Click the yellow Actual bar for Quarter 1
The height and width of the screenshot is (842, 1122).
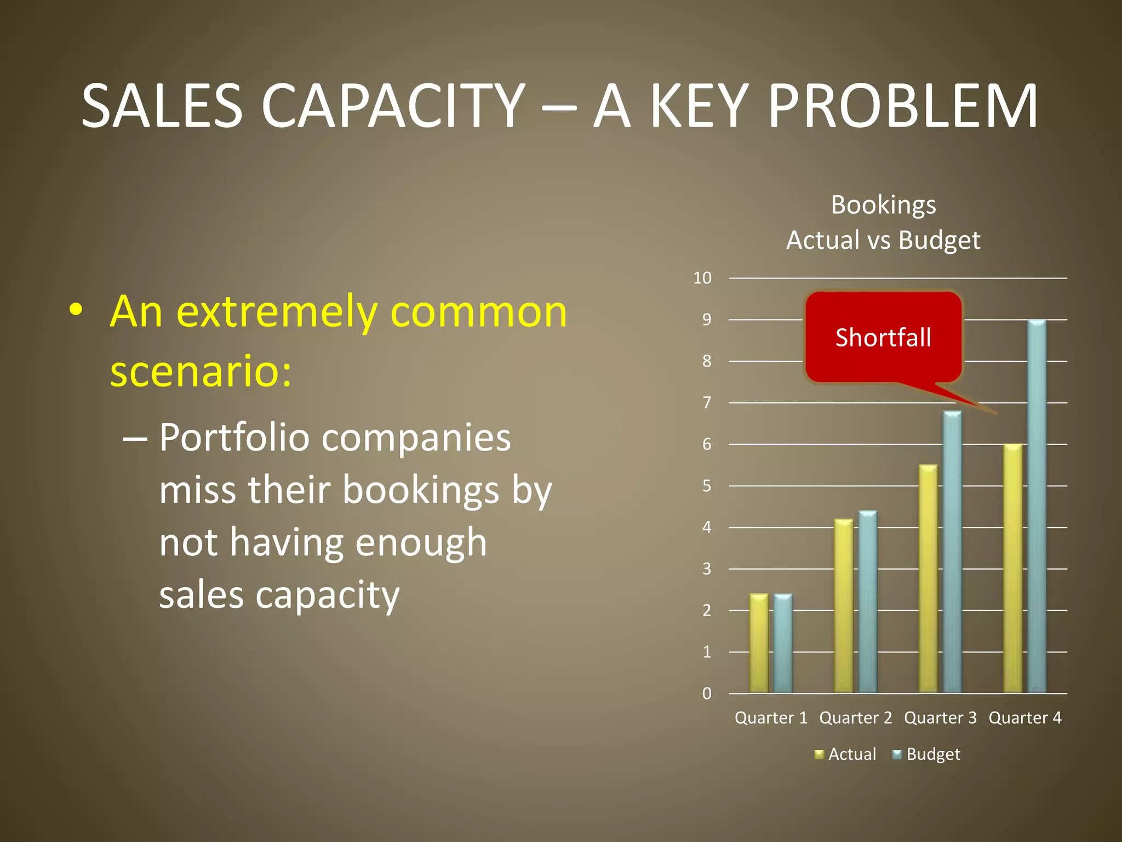(x=759, y=644)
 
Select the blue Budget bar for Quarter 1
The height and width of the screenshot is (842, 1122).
(x=783, y=644)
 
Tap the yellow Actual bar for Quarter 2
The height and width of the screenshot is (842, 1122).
(x=844, y=606)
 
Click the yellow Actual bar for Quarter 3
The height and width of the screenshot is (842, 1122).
(x=928, y=579)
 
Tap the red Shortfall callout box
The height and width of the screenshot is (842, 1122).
(x=883, y=337)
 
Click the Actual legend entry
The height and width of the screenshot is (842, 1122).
(x=846, y=754)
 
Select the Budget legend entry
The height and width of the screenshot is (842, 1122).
(x=926, y=754)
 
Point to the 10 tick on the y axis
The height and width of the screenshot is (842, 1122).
(x=702, y=278)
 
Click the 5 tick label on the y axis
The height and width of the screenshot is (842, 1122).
(x=707, y=486)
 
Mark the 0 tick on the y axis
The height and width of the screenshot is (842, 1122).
(x=707, y=693)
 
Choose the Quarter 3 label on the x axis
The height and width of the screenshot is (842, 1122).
(x=940, y=718)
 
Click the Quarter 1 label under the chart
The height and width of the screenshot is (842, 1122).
(x=771, y=718)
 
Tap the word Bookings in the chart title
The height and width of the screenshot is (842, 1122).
(x=883, y=205)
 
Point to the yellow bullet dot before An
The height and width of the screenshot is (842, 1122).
(x=76, y=310)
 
